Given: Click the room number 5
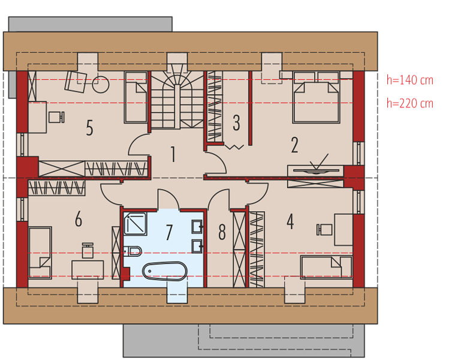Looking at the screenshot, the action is pyautogui.click(x=90, y=128).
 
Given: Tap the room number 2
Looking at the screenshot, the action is pyautogui.click(x=294, y=145).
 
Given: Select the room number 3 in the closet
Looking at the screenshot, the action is pyautogui.click(x=237, y=122).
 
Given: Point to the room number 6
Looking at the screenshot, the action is pyautogui.click(x=79, y=219).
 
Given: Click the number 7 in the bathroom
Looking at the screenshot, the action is pyautogui.click(x=169, y=232).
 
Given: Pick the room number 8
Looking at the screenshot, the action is pyautogui.click(x=222, y=232).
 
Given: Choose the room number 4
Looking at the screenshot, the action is pyautogui.click(x=290, y=221).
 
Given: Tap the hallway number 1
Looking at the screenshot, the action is pyautogui.click(x=173, y=154).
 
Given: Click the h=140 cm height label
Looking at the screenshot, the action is pyautogui.click(x=409, y=80).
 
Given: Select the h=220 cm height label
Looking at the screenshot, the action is pyautogui.click(x=409, y=103).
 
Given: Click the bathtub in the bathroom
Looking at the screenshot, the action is pyautogui.click(x=164, y=271).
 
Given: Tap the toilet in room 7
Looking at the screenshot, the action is pyautogui.click(x=132, y=251).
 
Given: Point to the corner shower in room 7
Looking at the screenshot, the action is pyautogui.click(x=135, y=223).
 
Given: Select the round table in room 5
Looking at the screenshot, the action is pyautogui.click(x=101, y=85).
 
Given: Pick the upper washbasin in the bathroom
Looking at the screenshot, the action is pyautogui.click(x=197, y=227).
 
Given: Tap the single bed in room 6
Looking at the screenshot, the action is pyautogui.click(x=40, y=253).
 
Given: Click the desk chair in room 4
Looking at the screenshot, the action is pyautogui.click(x=324, y=230).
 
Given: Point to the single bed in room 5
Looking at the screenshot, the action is pyautogui.click(x=135, y=97).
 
